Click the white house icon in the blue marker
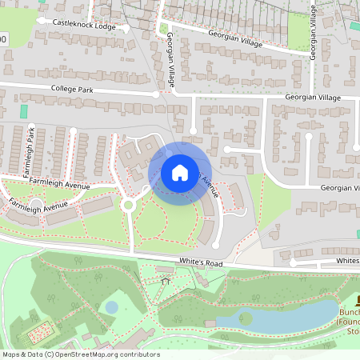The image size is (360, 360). pyautogui.click(x=179, y=172)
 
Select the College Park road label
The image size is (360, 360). pyautogui.click(x=72, y=90)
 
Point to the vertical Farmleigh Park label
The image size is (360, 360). pyautogui.click(x=30, y=142)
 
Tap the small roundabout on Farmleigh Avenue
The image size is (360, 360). pyautogui.click(x=127, y=205)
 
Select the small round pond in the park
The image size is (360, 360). pyautogui.click(x=112, y=307)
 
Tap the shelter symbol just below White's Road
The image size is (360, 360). pyautogui.click(x=166, y=282)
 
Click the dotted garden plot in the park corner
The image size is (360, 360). pyautogui.click(x=41, y=330)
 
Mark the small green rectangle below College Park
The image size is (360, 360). pyautogui.click(x=23, y=111)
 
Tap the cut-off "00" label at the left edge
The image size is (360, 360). pyautogui.click(x=3, y=38)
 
